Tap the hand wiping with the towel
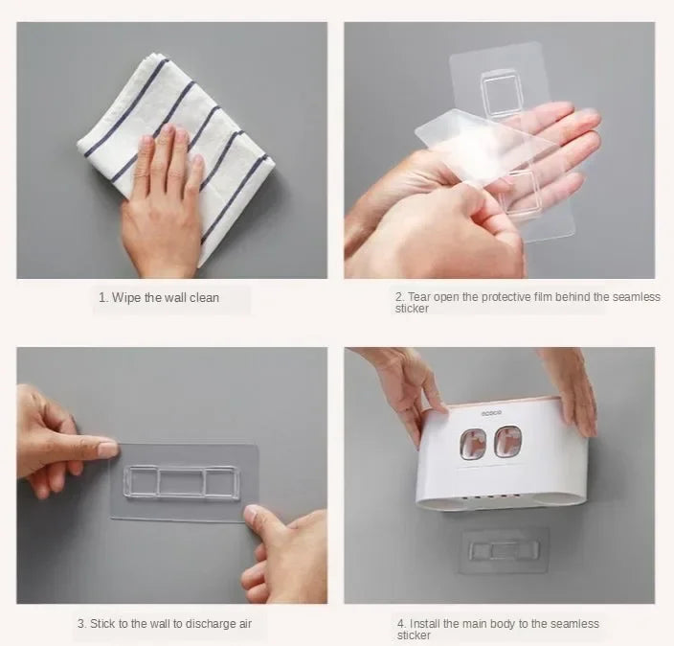coord(163,202)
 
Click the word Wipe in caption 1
coord(126,298)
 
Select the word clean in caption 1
coord(204,298)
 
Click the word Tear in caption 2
coord(419,297)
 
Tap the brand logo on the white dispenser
coord(491,413)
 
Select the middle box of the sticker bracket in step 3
coord(182,482)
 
